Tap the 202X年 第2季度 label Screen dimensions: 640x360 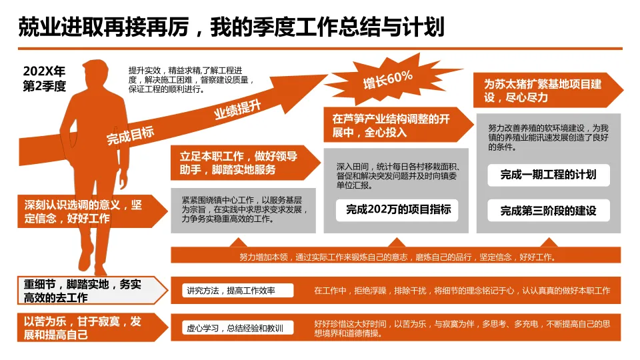point(45,78)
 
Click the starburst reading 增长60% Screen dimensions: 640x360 point(387,79)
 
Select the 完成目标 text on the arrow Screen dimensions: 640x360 point(130,135)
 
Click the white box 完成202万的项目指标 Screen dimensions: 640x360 point(398,210)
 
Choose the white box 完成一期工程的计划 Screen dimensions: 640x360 point(548,175)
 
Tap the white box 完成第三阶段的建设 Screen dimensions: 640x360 point(548,211)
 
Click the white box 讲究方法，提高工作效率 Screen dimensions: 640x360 point(238,290)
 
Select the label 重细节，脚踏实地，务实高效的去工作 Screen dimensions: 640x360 point(83,291)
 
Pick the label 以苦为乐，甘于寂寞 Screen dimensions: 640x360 point(83,328)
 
